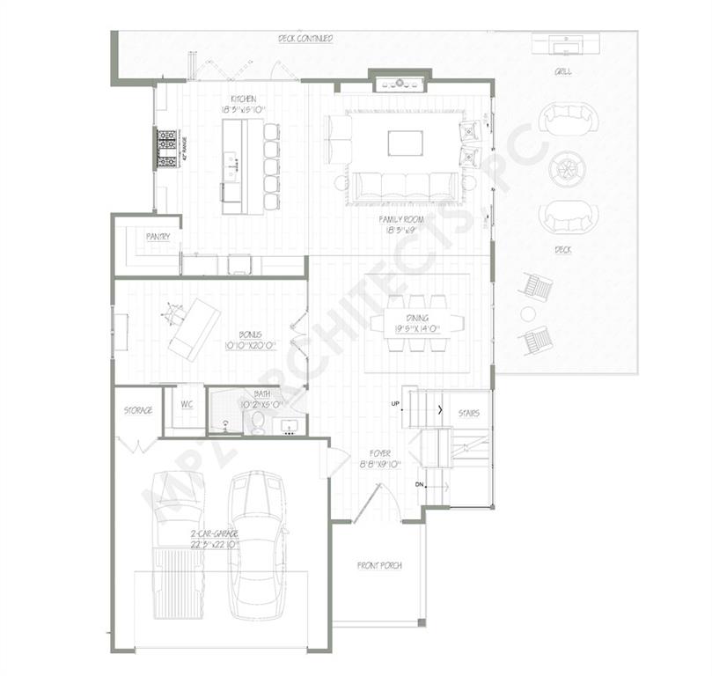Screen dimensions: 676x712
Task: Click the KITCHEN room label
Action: point(243,99)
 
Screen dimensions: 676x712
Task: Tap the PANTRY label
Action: point(158,236)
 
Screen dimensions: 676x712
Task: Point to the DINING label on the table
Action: point(417,317)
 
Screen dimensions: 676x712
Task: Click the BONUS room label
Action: point(251,334)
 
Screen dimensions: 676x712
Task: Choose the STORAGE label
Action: point(137,410)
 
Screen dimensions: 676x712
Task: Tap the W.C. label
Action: point(187,404)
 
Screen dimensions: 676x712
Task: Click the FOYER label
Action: point(380,453)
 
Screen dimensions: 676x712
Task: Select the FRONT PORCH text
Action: point(379,565)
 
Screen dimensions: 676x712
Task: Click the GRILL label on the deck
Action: point(562,71)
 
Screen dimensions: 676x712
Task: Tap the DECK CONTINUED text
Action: point(305,39)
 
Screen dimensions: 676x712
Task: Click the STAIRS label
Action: point(468,413)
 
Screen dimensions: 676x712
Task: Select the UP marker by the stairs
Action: point(396,404)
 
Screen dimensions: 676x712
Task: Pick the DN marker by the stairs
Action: point(419,485)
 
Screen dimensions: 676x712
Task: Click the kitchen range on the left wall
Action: point(166,148)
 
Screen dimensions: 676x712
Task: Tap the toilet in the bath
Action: point(258,424)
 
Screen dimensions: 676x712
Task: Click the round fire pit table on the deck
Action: point(565,169)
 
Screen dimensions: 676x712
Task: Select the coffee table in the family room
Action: point(405,143)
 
